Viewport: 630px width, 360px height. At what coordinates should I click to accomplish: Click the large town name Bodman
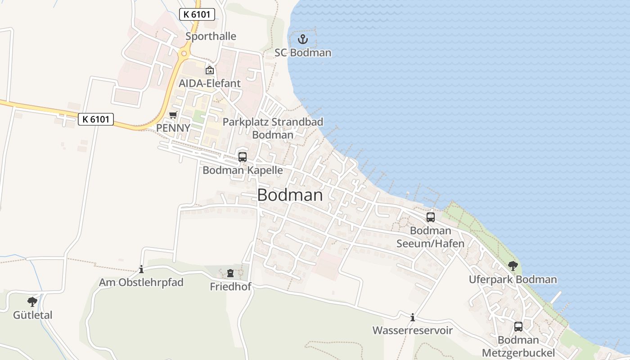(x=290, y=195)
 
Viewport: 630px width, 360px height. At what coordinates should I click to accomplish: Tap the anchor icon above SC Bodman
(x=303, y=39)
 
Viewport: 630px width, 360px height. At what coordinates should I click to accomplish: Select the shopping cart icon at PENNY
(x=173, y=115)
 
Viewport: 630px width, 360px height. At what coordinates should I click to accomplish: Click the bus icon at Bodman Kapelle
(x=243, y=157)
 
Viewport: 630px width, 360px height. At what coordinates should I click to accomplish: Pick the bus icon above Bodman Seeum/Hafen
(x=431, y=217)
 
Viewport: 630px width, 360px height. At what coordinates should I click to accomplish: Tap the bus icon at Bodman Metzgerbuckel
(x=518, y=327)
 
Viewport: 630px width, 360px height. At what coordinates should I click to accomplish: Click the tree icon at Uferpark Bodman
(x=513, y=266)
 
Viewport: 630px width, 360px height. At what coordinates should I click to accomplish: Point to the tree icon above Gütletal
(x=32, y=301)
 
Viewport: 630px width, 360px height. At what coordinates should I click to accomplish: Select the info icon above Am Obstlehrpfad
(x=141, y=269)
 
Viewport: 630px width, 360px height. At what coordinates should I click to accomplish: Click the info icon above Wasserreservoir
(x=413, y=318)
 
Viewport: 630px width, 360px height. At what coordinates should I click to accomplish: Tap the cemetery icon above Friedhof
(x=230, y=273)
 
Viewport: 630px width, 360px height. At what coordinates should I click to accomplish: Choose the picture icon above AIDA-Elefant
(x=210, y=70)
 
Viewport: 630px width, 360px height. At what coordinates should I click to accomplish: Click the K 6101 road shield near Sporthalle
(x=197, y=14)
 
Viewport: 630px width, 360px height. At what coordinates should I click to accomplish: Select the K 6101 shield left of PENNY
(x=96, y=119)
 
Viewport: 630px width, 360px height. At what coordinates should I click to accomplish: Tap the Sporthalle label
(x=211, y=36)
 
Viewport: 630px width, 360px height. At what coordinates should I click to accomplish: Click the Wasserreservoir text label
(x=412, y=331)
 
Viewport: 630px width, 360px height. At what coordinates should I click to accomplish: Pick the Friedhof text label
(x=230, y=287)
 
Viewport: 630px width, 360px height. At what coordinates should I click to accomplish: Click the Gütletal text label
(x=32, y=315)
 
